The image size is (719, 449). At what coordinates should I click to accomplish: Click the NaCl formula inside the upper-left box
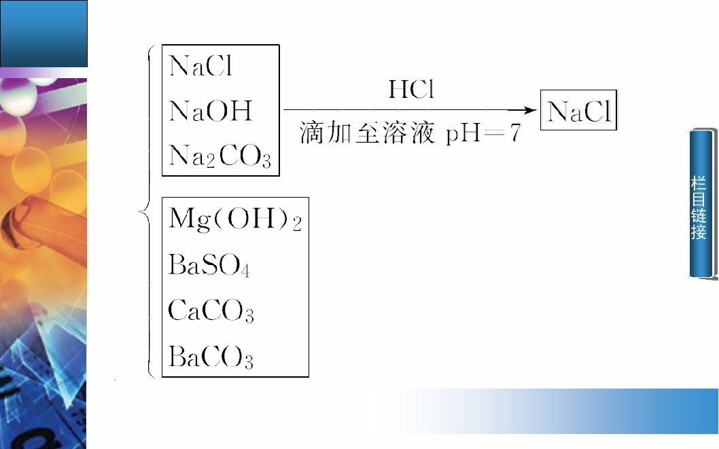point(200,65)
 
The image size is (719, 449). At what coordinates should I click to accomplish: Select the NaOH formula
point(211,111)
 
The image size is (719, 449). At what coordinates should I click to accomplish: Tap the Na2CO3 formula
point(220,156)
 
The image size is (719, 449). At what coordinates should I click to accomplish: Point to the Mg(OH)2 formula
point(235,219)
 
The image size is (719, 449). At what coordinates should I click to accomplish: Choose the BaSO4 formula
point(209,266)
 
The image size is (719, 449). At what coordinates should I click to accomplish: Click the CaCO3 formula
point(211,310)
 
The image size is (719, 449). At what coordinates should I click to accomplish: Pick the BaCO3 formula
point(211,357)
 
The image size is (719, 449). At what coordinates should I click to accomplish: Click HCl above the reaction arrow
point(411,90)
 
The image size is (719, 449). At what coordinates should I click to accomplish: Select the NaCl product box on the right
point(579,111)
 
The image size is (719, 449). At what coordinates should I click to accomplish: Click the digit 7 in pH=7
point(516,133)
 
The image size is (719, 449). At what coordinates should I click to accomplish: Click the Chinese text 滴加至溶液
point(367,133)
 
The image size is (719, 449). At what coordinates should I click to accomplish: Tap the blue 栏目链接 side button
point(703,203)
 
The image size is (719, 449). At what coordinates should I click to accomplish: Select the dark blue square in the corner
point(43,33)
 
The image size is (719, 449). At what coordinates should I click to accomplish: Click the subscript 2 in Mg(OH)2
point(297,223)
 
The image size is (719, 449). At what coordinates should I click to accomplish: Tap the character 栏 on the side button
point(699,183)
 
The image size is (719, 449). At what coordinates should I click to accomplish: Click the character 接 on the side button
point(699,232)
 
